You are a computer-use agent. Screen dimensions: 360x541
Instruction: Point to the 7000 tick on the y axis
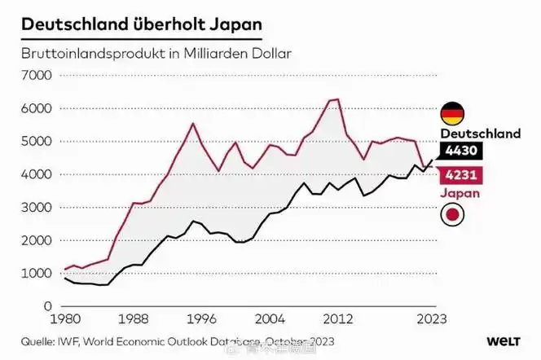point(37,75)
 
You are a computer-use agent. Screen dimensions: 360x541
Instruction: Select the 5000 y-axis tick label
point(37,141)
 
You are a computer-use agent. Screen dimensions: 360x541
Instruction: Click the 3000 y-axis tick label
point(37,207)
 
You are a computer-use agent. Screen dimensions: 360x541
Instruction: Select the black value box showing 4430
point(461,151)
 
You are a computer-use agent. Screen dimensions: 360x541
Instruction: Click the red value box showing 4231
point(461,175)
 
